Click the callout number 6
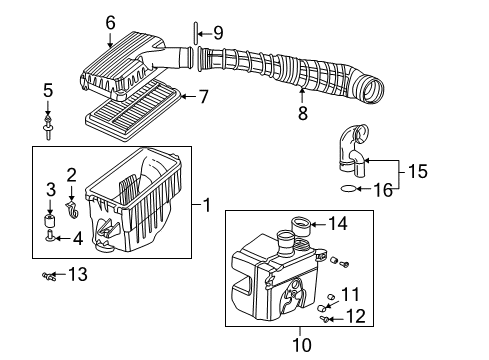(110, 23)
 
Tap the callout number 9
(218, 33)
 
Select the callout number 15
(417, 171)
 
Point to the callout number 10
(302, 345)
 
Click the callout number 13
(78, 274)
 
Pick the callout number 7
(203, 97)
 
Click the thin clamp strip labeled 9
(196, 33)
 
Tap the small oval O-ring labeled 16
(348, 189)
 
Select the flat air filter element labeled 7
(133, 112)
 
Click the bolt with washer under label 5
(48, 128)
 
